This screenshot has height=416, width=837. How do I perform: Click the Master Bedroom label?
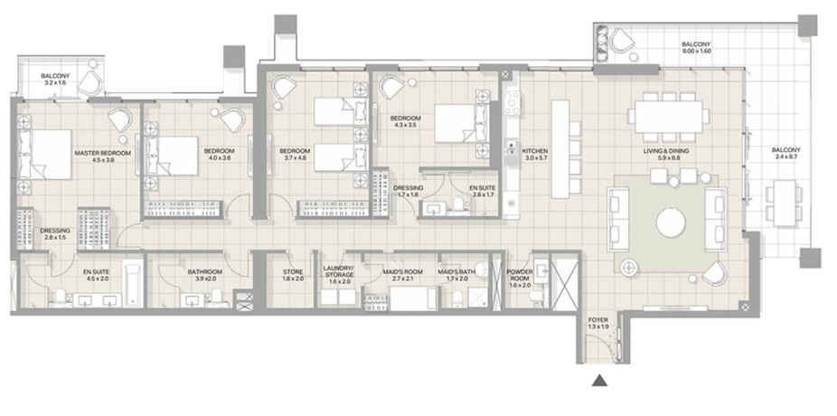[x=102, y=153]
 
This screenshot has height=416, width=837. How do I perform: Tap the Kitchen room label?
[x=535, y=151]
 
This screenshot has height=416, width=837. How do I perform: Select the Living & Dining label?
[x=665, y=151]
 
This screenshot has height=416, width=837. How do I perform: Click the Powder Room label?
[x=520, y=275]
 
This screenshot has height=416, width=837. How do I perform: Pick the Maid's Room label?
[x=402, y=272]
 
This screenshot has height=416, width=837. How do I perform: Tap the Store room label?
[x=293, y=272]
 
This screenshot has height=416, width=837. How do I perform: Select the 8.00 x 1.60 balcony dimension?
[x=696, y=52]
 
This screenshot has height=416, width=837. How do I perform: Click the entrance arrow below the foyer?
[x=600, y=380]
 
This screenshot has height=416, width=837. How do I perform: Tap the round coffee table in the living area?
[x=671, y=222]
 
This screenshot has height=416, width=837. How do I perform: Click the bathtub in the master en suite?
[x=132, y=284]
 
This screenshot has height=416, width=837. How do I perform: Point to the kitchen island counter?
[x=560, y=148]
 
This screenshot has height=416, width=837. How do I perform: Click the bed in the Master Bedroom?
[x=45, y=155]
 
